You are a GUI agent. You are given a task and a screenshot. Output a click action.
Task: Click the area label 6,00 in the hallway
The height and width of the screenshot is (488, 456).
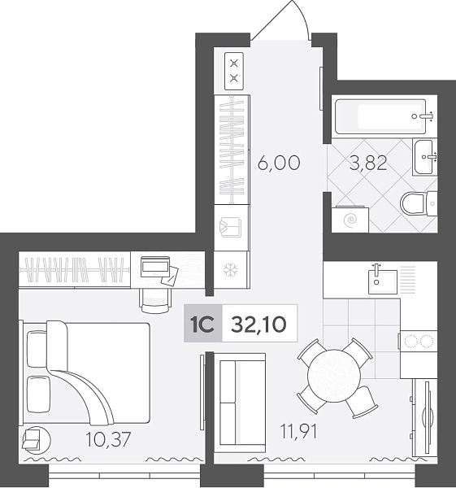[279, 163]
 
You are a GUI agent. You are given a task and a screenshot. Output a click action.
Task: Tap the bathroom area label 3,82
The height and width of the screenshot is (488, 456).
[368, 163]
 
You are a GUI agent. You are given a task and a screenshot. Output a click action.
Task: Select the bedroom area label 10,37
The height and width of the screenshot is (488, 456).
[108, 439]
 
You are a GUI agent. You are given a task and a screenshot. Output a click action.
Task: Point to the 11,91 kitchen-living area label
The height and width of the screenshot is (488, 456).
[298, 432]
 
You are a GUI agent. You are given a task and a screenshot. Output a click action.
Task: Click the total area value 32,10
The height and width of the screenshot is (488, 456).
[258, 325]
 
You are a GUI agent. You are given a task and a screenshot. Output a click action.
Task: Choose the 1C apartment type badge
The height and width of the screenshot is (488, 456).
[203, 325]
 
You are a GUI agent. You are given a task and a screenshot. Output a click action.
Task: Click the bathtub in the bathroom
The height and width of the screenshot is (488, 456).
[380, 116]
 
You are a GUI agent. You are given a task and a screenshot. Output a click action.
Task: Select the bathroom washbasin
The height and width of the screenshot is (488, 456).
[424, 157]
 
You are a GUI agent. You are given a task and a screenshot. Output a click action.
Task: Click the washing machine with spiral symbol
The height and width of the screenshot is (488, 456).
[350, 219]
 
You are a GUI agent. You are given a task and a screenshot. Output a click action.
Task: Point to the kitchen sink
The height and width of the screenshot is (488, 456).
[383, 281]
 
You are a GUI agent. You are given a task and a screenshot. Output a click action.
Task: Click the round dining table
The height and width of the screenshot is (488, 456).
[334, 376]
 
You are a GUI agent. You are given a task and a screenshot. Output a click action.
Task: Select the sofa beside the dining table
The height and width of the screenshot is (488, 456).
[242, 403]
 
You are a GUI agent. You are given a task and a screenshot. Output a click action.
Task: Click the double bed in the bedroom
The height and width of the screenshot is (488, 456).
[85, 373]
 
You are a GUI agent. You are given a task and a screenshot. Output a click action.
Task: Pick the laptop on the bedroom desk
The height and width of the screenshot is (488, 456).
[155, 267]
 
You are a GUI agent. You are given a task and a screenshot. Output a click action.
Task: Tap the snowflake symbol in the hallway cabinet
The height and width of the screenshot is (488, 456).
[231, 270]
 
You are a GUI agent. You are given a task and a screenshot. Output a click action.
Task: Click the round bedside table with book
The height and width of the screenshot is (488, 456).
[36, 440]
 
